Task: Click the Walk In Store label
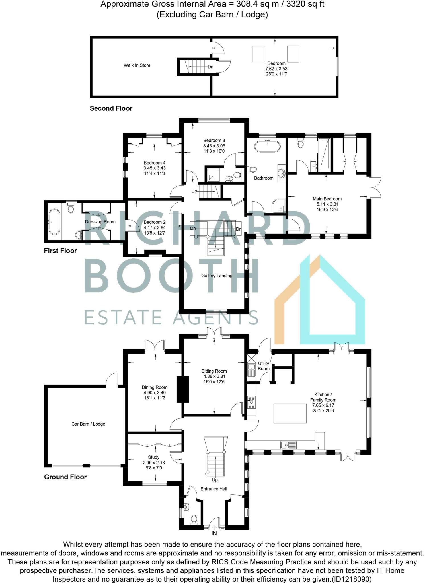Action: tap(137, 65)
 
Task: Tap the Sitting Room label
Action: tap(214, 371)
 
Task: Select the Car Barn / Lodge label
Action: tap(88, 424)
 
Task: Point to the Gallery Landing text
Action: tap(217, 276)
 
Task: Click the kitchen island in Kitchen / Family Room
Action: tap(290, 413)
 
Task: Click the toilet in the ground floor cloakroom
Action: tap(194, 519)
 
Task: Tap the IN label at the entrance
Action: tap(214, 533)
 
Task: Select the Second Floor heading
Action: tap(111, 108)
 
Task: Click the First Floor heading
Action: tap(60, 251)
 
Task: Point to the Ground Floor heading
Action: tap(65, 477)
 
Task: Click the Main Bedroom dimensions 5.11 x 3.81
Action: tap(327, 204)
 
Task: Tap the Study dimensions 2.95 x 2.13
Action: tap(154, 463)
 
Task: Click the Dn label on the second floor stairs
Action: tap(210, 67)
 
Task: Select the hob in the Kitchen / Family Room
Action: tap(251, 402)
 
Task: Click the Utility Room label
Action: tap(264, 366)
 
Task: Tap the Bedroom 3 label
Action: tap(214, 140)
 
